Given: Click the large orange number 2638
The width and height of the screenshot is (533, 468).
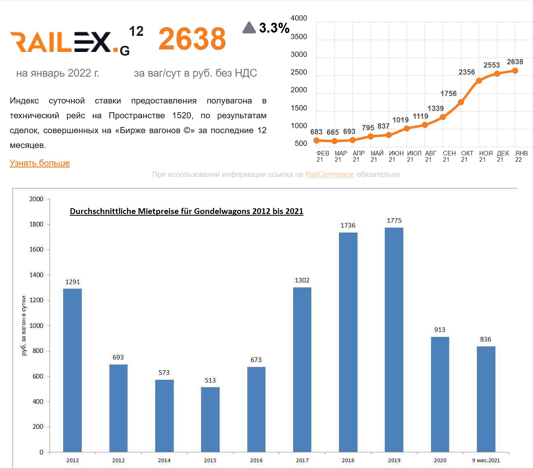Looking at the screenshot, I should click(x=192, y=39).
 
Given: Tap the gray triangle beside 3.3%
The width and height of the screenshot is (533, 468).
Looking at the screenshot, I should click(x=249, y=28).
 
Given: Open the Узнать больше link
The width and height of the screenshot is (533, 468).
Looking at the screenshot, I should click(x=40, y=163).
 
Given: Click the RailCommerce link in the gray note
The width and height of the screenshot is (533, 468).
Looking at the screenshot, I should click(x=329, y=174).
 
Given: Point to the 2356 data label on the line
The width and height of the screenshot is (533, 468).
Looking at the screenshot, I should click(x=467, y=72).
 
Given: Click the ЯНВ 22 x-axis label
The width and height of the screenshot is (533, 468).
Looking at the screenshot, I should click(x=521, y=156).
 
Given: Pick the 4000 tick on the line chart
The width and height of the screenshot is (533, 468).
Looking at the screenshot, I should click(x=299, y=18).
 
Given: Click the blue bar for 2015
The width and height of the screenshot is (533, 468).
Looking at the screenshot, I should click(x=210, y=419).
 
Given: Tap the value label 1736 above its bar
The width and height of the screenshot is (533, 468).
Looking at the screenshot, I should click(x=348, y=226).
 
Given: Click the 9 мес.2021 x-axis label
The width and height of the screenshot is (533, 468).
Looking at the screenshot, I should click(x=486, y=461).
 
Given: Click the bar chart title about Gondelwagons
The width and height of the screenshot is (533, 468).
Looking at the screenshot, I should click(x=186, y=211).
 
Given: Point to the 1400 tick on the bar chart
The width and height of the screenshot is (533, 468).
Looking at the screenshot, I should click(x=36, y=275).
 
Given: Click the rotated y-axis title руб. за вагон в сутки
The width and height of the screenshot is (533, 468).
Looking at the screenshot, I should click(x=24, y=325).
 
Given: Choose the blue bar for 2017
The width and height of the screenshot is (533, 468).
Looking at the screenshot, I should click(x=302, y=369).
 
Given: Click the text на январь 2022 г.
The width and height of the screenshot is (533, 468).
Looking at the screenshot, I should click(x=57, y=73).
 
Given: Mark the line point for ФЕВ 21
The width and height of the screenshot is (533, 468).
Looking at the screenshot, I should click(x=317, y=140).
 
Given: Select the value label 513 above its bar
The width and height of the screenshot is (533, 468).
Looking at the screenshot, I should click(x=210, y=381).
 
